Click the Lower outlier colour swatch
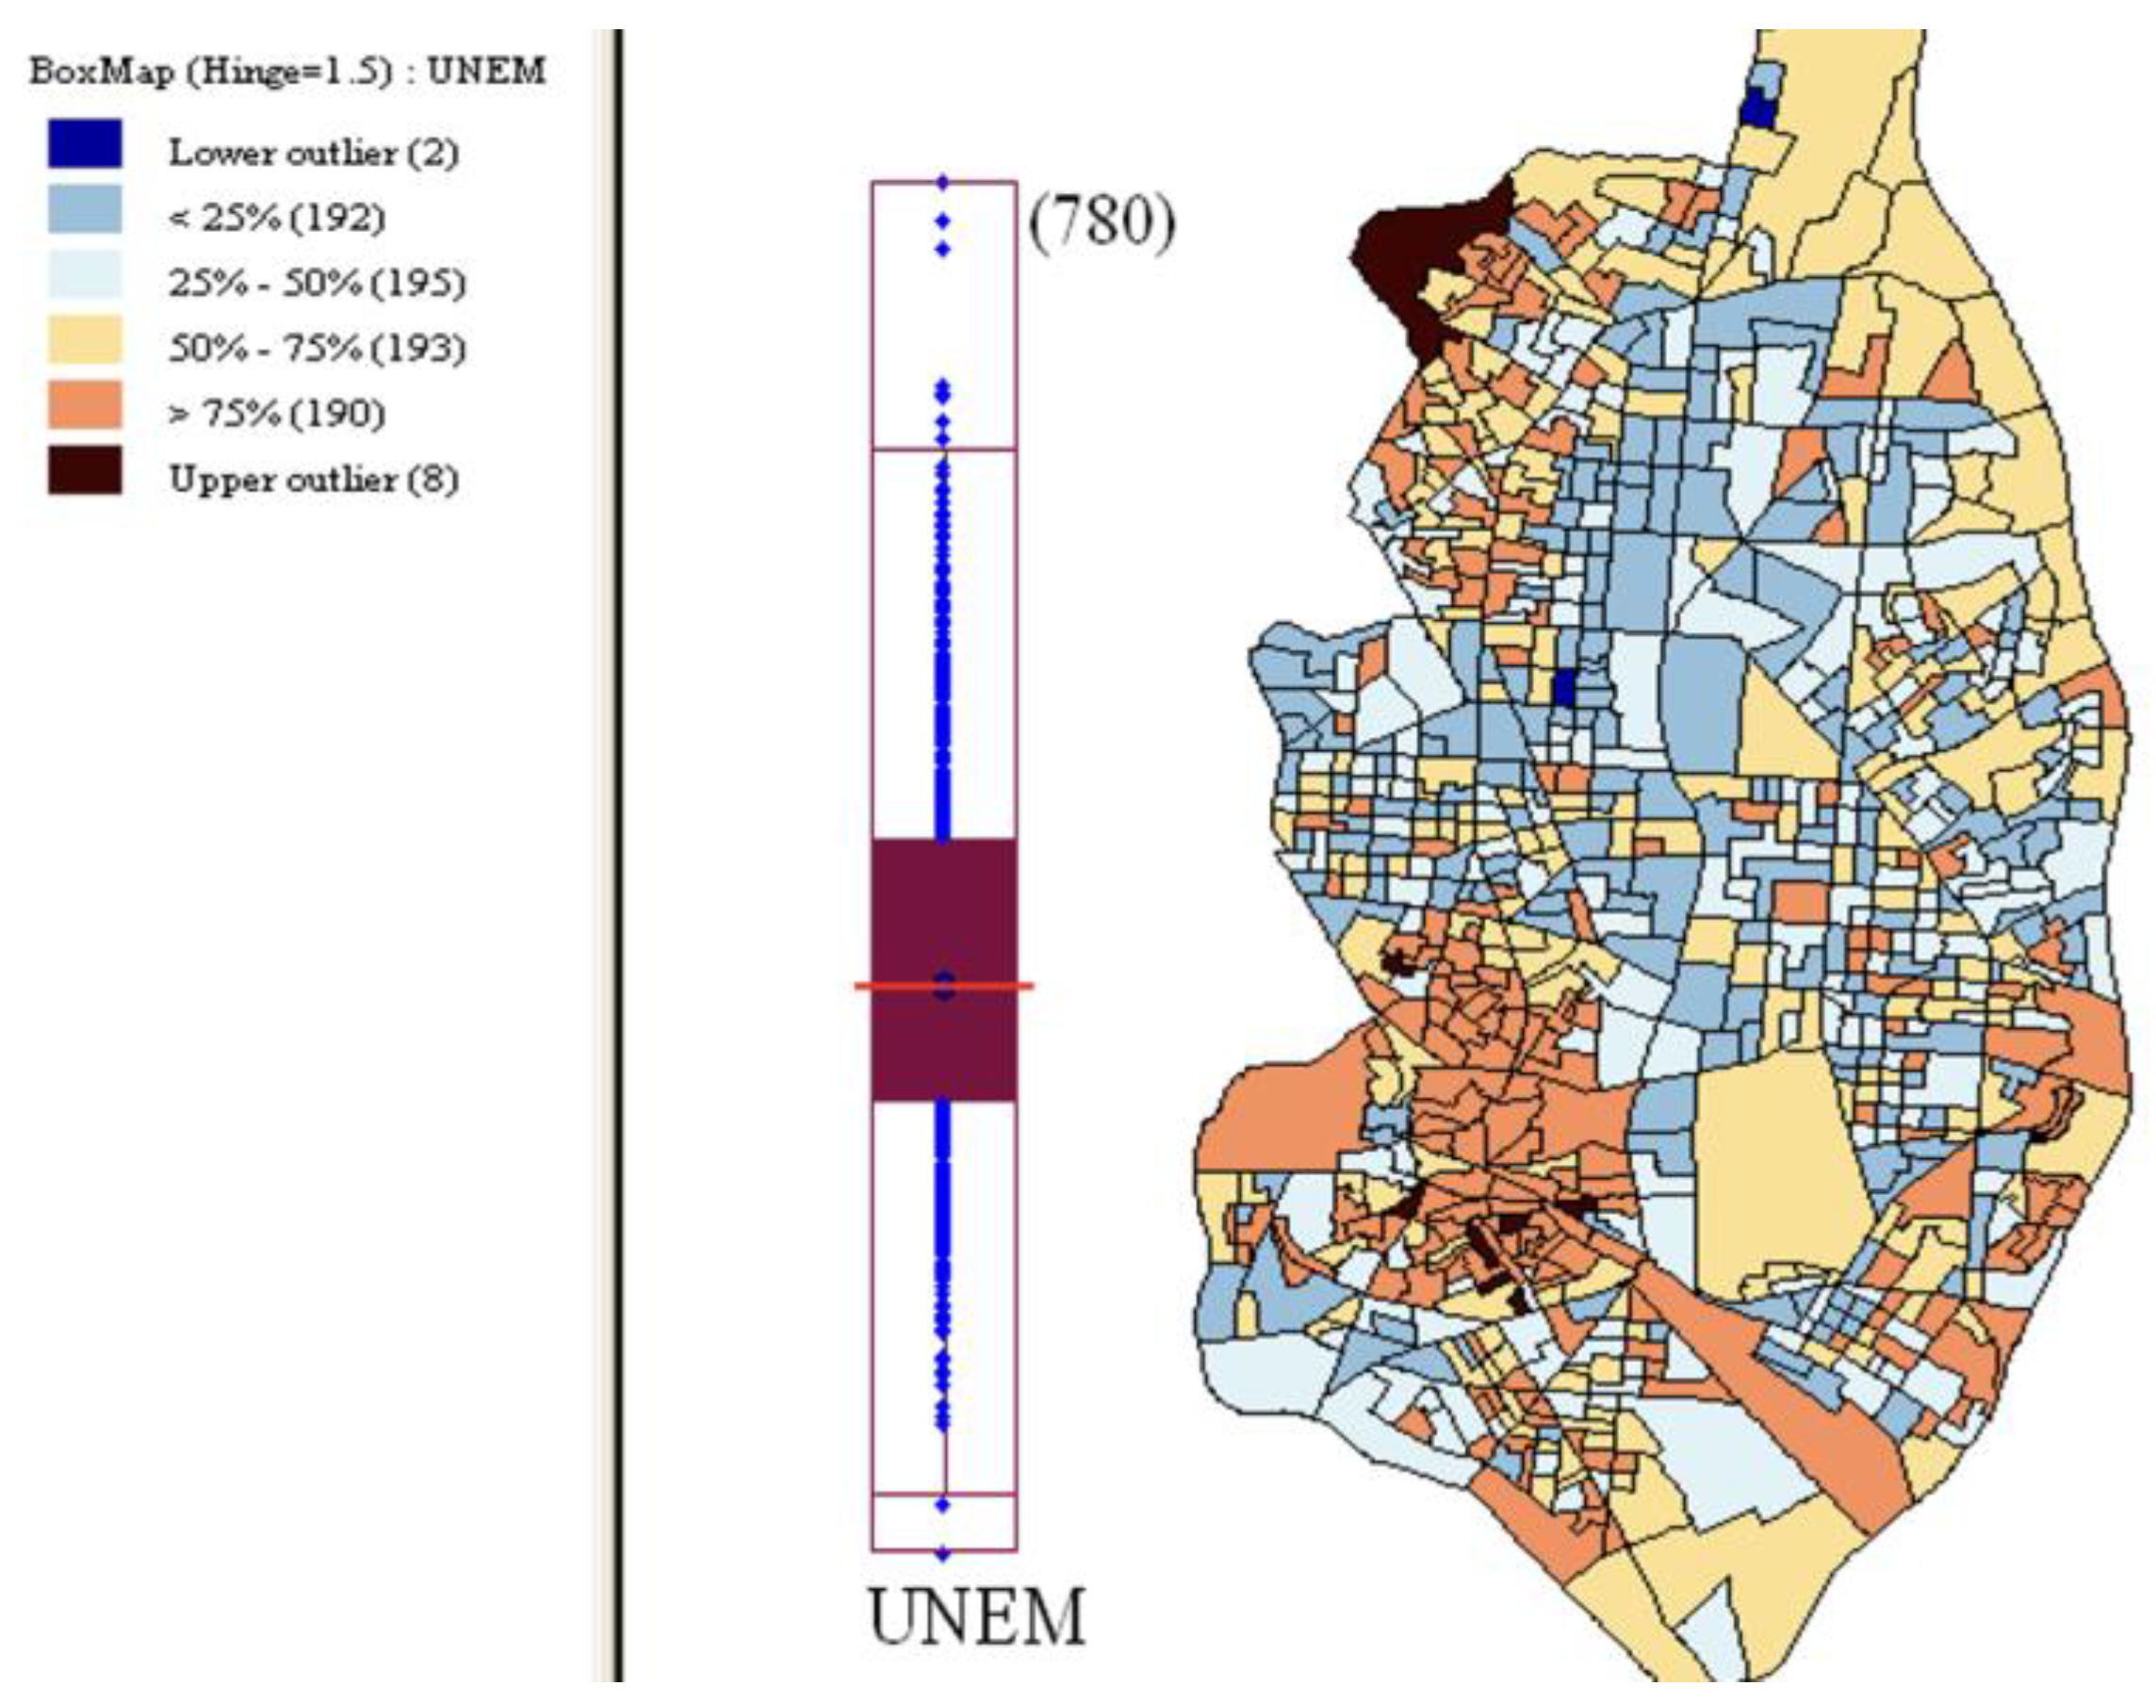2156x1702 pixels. click(85, 143)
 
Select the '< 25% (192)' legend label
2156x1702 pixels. click(276, 218)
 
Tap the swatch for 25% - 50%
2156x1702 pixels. click(85, 274)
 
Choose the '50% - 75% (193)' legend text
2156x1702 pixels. click(316, 348)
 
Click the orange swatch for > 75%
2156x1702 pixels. click(85, 404)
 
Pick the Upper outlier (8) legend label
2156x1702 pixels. click(313, 480)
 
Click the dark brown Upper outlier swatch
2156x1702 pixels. click(85, 470)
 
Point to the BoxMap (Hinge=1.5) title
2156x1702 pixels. click(287, 72)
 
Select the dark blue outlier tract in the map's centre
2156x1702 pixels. click(1565, 688)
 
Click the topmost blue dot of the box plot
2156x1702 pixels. click(942, 183)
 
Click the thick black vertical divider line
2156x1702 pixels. click(619, 847)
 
